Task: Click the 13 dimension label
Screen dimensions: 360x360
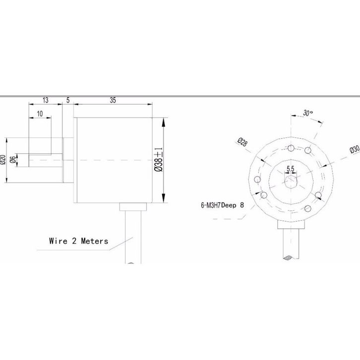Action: pyautogui.click(x=46, y=100)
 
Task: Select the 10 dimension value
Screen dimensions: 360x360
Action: pyautogui.click(x=40, y=114)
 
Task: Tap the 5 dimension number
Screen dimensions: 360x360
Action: pyautogui.click(x=68, y=100)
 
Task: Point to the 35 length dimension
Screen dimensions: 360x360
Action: pyautogui.click(x=113, y=100)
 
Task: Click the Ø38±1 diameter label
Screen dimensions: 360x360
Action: pyautogui.click(x=159, y=159)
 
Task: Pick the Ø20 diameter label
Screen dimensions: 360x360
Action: pyautogui.click(x=3, y=159)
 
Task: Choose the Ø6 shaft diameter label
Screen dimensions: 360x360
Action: pyautogui.click(x=13, y=159)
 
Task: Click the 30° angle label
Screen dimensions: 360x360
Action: pyautogui.click(x=307, y=113)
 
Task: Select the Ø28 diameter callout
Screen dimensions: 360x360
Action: pyautogui.click(x=242, y=142)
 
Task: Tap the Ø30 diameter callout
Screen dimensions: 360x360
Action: pyautogui.click(x=355, y=149)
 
